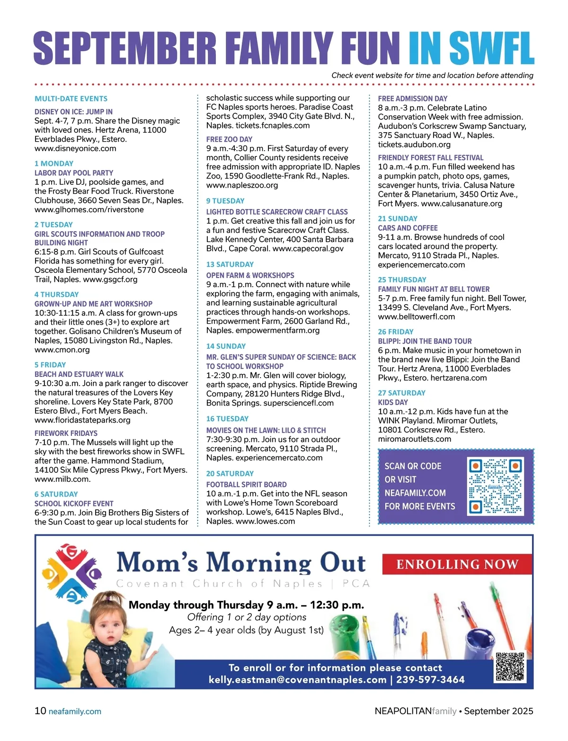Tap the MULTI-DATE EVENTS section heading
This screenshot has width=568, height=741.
(x=71, y=99)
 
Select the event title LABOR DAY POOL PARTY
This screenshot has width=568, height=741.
(x=74, y=173)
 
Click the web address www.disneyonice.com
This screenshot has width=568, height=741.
(x=75, y=148)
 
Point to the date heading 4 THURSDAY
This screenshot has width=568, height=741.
(x=56, y=294)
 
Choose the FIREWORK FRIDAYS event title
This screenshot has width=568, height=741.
(x=66, y=433)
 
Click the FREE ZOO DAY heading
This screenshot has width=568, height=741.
(x=229, y=139)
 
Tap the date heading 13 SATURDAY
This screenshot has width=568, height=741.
(x=230, y=264)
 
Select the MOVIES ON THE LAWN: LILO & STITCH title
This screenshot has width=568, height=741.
(x=266, y=430)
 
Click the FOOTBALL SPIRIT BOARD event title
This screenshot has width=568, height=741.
(x=246, y=484)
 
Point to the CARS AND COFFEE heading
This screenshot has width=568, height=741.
(x=408, y=228)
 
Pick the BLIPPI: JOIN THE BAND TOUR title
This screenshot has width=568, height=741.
(x=425, y=341)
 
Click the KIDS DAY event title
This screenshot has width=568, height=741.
(x=392, y=402)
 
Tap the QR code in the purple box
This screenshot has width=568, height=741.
(x=495, y=486)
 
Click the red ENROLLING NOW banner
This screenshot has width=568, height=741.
(x=457, y=564)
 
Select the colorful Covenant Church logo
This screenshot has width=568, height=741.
(x=71, y=572)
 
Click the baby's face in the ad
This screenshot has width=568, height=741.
(x=108, y=621)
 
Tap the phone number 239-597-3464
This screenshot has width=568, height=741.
(x=431, y=680)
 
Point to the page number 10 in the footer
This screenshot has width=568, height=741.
(x=40, y=711)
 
